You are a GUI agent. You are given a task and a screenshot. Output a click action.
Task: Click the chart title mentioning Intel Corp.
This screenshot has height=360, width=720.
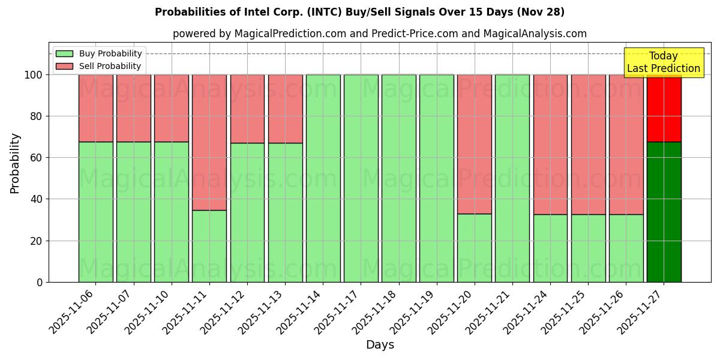pos(359,12)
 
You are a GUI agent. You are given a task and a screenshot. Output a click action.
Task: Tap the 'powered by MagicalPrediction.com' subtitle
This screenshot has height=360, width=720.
pos(379,34)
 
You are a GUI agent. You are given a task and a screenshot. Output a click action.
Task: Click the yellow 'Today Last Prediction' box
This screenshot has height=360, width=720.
pos(663,62)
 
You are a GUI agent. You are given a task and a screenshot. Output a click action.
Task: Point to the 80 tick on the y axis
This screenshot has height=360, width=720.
pos(38,116)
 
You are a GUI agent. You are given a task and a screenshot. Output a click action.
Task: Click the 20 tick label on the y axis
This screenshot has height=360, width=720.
pos(38,241)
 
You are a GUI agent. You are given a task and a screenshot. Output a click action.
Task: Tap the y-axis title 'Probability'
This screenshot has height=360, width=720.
pos(15,163)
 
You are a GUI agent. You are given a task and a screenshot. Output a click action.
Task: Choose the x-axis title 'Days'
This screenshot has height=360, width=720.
pos(380,345)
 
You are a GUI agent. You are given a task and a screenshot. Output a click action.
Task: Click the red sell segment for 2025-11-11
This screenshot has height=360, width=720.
pos(209,142)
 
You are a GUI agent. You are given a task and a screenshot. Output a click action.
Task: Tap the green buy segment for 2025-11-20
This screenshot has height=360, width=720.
pos(474,248)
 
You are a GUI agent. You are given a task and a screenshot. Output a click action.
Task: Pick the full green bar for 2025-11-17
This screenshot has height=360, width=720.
pos(361,178)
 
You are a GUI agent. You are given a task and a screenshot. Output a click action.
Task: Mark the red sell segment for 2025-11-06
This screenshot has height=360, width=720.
pos(96,108)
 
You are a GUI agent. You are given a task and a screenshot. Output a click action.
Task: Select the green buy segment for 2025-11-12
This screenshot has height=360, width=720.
pos(247,212)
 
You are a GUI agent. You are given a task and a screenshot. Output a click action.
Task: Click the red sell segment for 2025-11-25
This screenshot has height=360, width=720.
pos(588,145)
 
